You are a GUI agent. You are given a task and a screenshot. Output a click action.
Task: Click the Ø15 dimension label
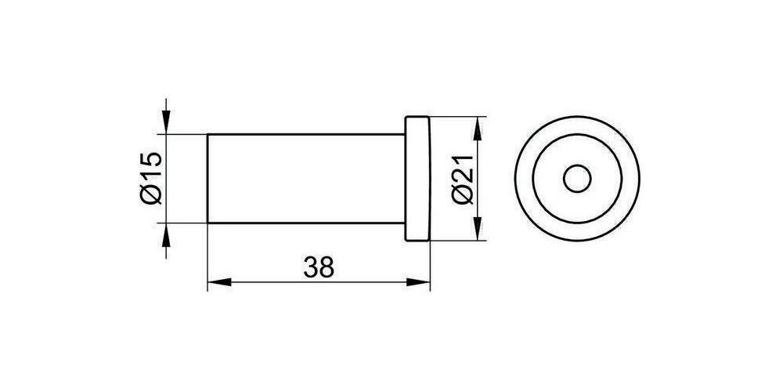[152, 179]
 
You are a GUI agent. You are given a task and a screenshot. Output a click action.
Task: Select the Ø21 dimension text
[462, 179]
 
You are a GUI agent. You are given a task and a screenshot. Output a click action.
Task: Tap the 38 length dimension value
[319, 267]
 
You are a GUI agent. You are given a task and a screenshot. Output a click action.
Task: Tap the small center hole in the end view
[577, 179]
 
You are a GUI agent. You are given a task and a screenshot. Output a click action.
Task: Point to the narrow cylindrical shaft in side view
[305, 179]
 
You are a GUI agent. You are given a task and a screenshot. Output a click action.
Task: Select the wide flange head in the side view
[417, 179]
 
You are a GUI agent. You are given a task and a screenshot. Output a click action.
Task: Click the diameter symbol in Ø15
[152, 195]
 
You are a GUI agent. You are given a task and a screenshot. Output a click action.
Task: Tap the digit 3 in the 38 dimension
[310, 267]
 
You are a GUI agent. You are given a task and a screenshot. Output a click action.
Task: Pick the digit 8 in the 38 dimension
[327, 267]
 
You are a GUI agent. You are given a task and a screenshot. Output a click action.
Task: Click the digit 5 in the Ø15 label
[152, 162]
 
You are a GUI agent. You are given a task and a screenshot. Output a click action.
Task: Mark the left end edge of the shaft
[207, 179]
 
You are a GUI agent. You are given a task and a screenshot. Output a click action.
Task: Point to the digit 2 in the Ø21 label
[462, 179]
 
